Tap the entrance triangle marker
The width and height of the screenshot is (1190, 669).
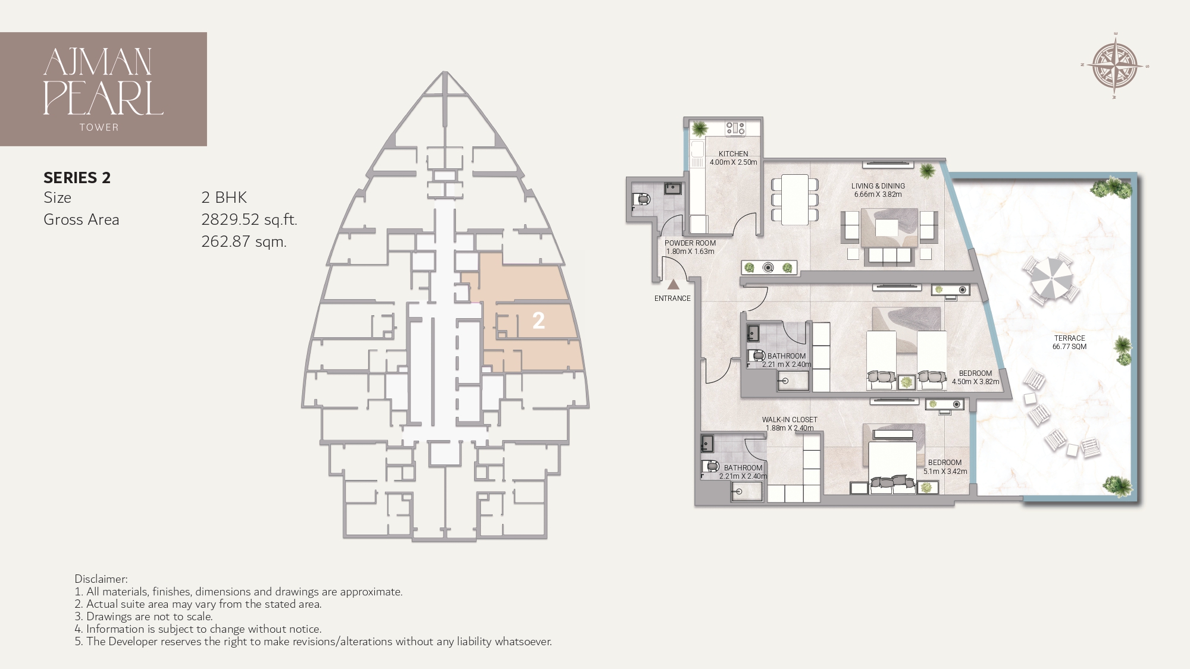[x=673, y=285]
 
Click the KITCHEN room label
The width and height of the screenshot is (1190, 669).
[x=733, y=153]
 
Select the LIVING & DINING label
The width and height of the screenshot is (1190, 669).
[x=878, y=186]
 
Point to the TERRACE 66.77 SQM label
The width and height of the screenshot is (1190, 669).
[x=1069, y=342]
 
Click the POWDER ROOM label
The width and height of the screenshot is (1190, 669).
[x=690, y=243]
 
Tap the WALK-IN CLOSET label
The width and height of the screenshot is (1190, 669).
[x=790, y=420]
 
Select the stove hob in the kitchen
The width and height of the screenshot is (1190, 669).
[x=735, y=127]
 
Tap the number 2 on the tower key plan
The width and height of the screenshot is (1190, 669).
[x=538, y=321]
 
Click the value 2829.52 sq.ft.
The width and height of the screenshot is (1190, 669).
[x=249, y=219]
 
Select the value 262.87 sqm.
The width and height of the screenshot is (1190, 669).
[x=244, y=241]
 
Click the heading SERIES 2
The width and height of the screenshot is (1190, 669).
[x=77, y=177]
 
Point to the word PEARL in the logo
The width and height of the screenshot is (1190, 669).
[x=103, y=99]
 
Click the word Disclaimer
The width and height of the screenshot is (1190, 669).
[x=101, y=579]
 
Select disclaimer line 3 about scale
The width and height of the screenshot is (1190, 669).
[x=143, y=616]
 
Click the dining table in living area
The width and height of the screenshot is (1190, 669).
[x=794, y=199]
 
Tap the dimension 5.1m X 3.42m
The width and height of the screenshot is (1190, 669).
[x=945, y=471]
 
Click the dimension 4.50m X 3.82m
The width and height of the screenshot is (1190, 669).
[x=975, y=382]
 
